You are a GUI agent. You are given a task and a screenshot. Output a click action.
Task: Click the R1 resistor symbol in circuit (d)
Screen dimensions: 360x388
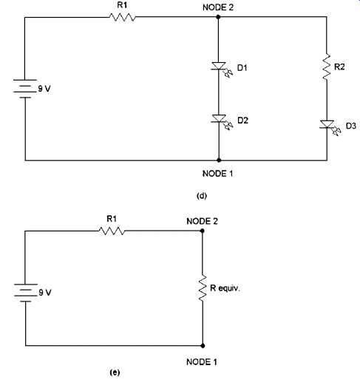click(x=122, y=17)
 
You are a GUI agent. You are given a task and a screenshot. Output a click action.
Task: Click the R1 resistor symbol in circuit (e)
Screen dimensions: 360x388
click(x=112, y=231)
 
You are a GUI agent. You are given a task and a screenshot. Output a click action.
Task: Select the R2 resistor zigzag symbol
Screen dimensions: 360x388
click(x=327, y=67)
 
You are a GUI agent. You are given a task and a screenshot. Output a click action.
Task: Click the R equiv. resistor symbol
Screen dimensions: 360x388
click(x=203, y=287)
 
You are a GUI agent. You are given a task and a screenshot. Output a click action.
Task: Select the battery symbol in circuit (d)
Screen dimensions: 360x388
click(x=24, y=89)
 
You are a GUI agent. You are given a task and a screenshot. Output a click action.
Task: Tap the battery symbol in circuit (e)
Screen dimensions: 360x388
click(x=25, y=293)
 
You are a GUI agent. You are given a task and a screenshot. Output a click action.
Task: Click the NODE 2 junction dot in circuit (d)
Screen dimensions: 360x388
click(x=218, y=17)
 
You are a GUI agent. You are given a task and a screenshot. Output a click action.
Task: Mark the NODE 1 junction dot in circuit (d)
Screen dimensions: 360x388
click(x=219, y=160)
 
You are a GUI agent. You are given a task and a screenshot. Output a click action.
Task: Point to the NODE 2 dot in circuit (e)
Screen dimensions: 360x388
click(x=202, y=231)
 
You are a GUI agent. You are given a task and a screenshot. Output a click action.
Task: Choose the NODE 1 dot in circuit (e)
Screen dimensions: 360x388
click(x=203, y=346)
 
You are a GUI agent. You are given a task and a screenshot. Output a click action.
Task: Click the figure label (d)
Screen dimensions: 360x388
click(x=202, y=196)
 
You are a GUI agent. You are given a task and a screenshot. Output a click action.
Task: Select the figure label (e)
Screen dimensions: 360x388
click(x=115, y=372)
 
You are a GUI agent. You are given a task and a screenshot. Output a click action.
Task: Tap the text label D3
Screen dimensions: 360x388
click(x=351, y=126)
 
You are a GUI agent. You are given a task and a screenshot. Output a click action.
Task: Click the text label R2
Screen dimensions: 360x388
click(x=339, y=67)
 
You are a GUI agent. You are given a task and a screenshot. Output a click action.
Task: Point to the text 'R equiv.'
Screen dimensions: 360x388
click(x=225, y=288)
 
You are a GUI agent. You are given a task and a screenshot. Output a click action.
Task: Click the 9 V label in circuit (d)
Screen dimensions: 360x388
click(x=44, y=89)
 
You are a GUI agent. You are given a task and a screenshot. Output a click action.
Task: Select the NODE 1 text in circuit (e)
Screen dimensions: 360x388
click(x=202, y=362)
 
